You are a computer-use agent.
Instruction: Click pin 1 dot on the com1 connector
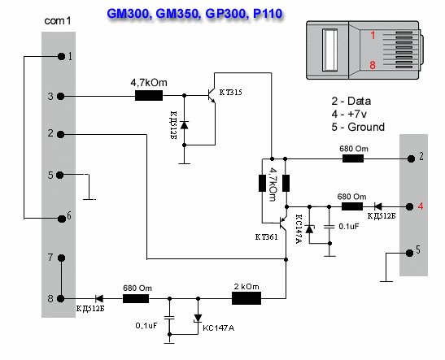click(62, 56)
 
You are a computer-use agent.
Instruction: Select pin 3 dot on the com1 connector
click(62, 97)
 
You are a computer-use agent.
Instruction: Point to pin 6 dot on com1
click(62, 218)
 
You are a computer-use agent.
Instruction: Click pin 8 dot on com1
click(62, 298)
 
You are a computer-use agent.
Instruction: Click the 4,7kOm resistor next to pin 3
click(148, 97)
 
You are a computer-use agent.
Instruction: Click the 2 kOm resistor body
click(246, 299)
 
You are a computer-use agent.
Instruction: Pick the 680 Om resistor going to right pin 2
click(351, 158)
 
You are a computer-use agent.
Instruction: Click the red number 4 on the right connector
click(420, 206)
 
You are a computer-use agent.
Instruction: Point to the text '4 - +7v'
click(351, 115)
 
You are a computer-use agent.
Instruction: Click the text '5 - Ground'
click(359, 127)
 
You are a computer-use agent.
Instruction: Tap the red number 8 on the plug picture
click(373, 65)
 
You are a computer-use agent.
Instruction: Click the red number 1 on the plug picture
click(373, 36)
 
